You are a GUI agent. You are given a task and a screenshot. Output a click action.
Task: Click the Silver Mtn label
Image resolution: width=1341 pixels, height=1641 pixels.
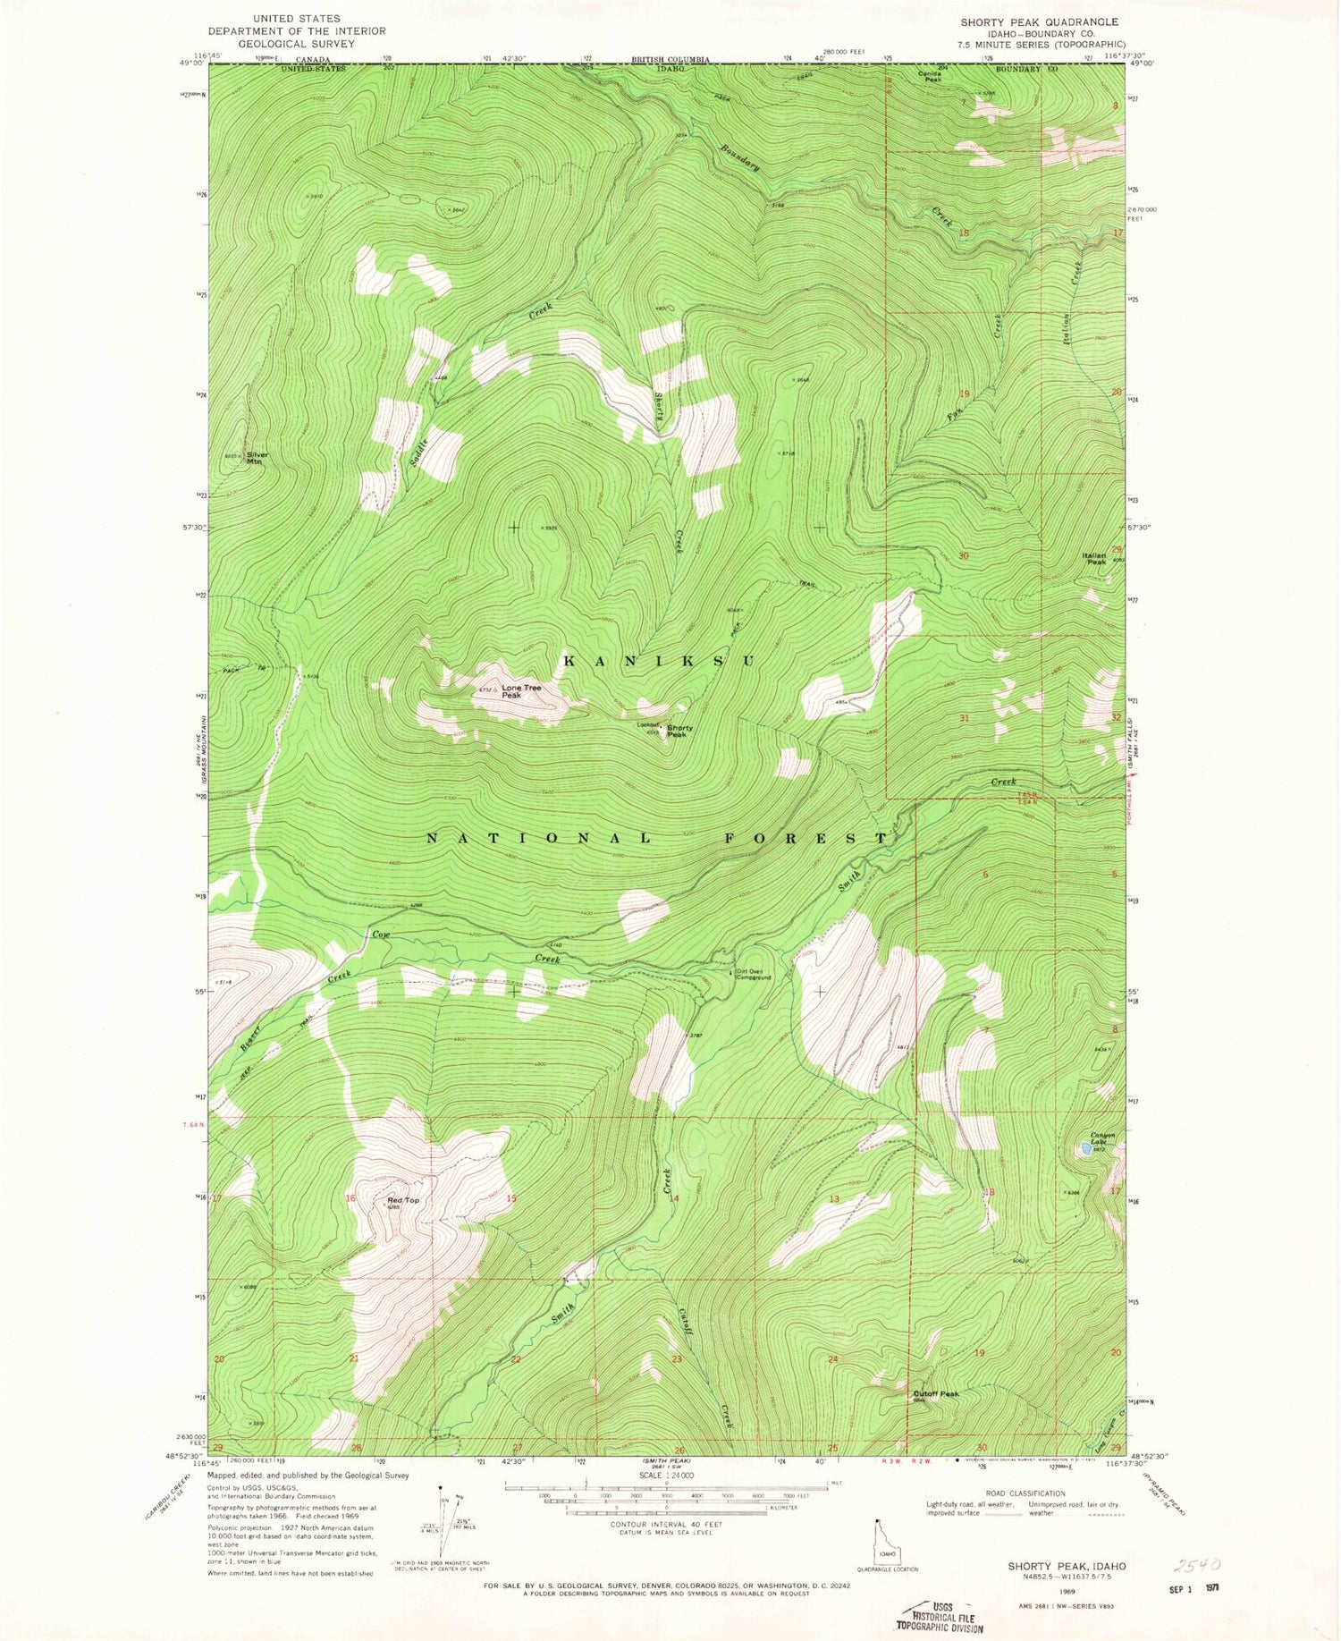click(257, 458)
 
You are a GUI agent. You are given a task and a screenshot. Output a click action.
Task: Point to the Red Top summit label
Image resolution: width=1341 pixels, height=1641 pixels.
click(402, 1200)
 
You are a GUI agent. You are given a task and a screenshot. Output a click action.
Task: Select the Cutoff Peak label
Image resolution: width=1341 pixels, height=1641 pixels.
click(935, 1393)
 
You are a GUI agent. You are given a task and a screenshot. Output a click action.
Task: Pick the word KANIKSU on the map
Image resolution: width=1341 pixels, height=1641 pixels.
click(659, 661)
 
